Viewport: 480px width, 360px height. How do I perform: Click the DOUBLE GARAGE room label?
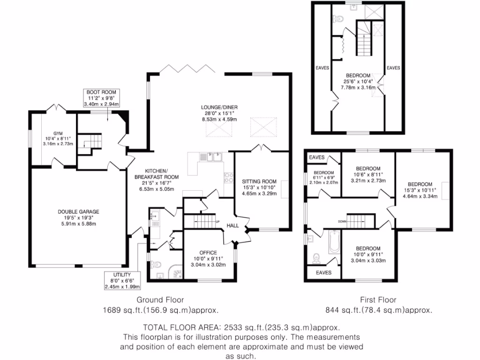pos(78,211)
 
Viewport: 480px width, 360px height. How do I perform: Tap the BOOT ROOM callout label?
pos(101,92)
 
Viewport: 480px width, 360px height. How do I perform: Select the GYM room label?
pos(58,132)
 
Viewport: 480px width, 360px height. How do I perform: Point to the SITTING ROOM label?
pos(259,181)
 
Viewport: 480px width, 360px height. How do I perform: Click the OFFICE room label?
pos(208,253)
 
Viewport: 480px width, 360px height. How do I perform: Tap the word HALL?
pos(233,225)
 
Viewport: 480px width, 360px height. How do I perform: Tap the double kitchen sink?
pos(210,157)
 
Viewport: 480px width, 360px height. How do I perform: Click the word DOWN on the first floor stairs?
pos(343,221)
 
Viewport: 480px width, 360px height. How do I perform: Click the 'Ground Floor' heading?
pos(160,300)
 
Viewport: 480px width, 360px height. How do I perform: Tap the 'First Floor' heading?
pos(378,300)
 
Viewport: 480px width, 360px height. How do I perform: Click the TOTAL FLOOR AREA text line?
pos(241,328)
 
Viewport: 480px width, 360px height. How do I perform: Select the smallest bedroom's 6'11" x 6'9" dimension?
pos(323,178)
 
